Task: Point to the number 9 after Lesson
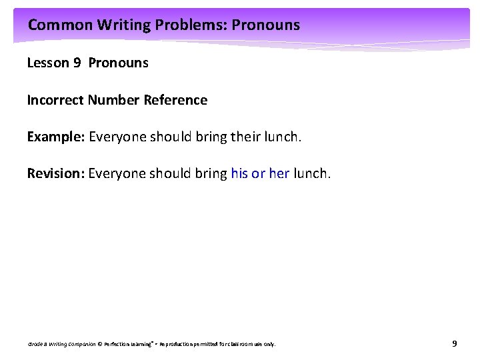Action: click(78, 63)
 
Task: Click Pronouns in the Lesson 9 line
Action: click(118, 63)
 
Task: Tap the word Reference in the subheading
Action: click(177, 101)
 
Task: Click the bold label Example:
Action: click(55, 137)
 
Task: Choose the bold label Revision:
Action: click(55, 174)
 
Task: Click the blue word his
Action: click(239, 174)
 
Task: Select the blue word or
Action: click(259, 174)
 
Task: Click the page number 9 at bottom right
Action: click(454, 344)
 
